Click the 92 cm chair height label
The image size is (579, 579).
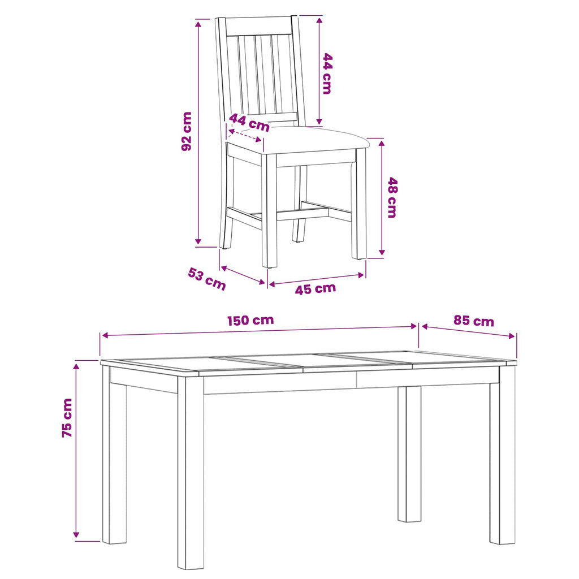pos(187,131)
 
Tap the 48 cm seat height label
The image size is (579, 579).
pos(392,197)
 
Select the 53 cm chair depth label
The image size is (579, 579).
pos(207,279)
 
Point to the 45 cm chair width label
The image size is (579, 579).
pos(316,289)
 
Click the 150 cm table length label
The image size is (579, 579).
pos(250,320)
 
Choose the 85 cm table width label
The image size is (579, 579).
pos(474,321)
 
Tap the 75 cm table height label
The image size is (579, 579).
pos(67,418)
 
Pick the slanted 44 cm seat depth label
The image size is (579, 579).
pos(249,122)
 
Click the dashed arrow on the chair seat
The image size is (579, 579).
pos(245,135)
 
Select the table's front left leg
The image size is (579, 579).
pos(191,472)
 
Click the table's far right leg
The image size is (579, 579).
pos(502,454)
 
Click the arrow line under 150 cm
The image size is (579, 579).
pos(260,331)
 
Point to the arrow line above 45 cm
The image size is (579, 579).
pos(317,279)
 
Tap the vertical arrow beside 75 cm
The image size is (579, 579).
pos(76,451)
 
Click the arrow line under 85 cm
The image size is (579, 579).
pos(468,331)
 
